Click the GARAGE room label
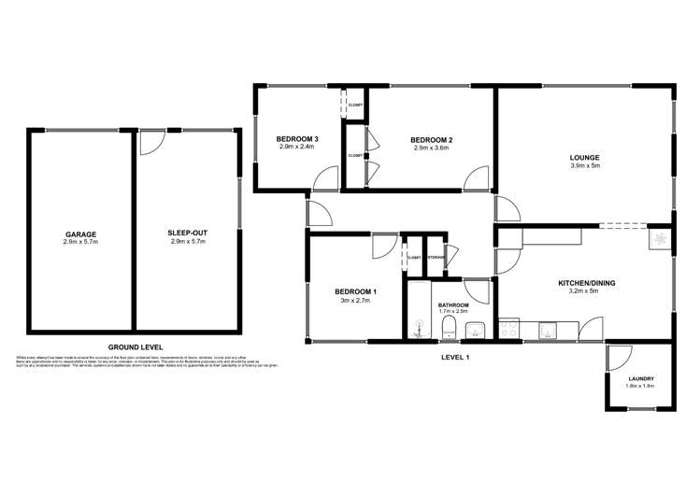80,233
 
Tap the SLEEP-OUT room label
187,233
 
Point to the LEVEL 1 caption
454,357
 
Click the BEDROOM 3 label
298,139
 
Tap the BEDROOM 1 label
354,291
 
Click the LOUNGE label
584,157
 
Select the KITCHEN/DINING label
587,282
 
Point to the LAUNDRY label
640,378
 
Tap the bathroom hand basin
474,329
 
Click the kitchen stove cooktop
510,329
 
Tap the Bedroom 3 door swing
326,177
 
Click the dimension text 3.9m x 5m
584,166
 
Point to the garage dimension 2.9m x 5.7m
80,242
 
